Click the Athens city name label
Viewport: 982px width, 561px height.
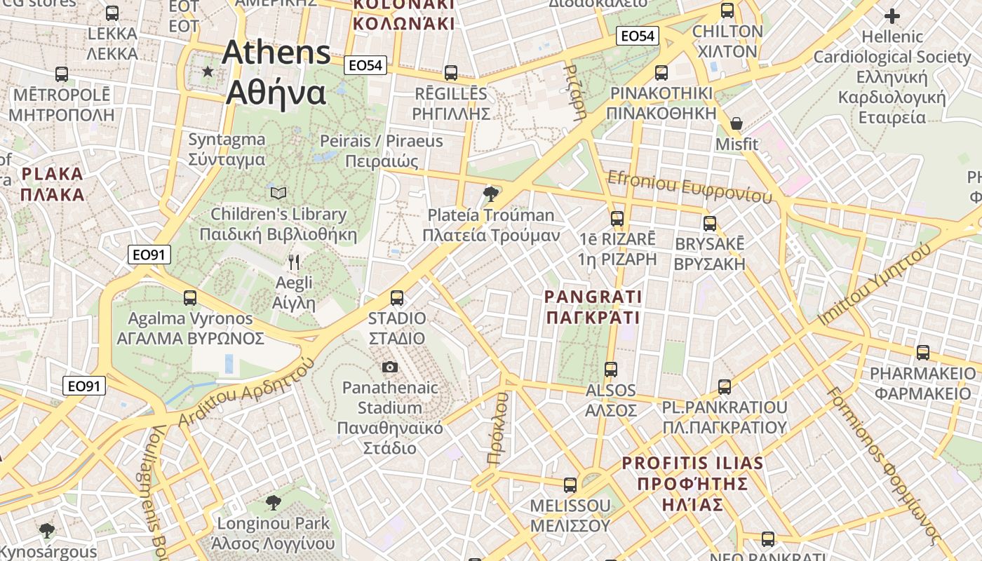click(x=277, y=72)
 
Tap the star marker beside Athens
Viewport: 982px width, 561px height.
click(x=208, y=71)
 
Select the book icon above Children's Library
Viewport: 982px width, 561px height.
click(x=278, y=192)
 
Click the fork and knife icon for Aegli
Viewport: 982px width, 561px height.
click(x=294, y=262)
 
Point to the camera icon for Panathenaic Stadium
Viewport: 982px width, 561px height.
click(x=390, y=367)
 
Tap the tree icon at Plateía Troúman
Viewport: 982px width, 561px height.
click(x=491, y=193)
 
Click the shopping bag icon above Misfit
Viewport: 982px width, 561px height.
click(x=736, y=123)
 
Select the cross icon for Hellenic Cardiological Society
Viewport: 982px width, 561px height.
click(x=892, y=15)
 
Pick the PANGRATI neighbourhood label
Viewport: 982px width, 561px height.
click(x=593, y=307)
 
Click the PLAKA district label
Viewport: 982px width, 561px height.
click(x=52, y=184)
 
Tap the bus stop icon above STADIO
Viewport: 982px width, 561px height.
click(x=397, y=297)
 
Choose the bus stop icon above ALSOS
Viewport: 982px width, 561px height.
click(x=611, y=369)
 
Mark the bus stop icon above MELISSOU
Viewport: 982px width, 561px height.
click(x=570, y=485)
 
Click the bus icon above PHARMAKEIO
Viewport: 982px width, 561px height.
click(x=923, y=352)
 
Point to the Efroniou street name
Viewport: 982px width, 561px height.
click(x=690, y=187)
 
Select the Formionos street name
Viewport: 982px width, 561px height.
click(x=883, y=464)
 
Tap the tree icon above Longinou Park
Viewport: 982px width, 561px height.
click(x=274, y=502)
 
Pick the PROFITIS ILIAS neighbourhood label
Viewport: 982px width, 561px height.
click(x=692, y=483)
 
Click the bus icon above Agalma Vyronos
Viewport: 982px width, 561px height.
click(x=190, y=297)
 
